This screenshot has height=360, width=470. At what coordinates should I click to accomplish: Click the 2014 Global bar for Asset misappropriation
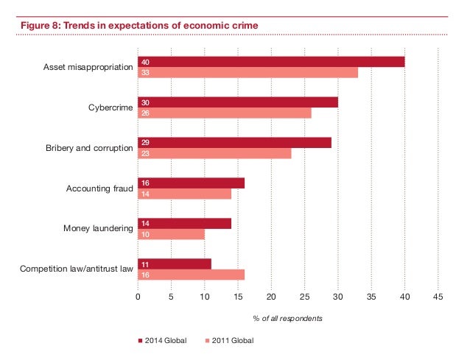tap(271, 62)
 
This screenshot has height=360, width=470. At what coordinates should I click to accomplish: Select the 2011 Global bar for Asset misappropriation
tap(248, 73)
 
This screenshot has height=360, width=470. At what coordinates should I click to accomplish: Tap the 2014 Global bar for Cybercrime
tap(238, 102)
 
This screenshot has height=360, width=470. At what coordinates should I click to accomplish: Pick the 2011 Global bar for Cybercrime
tap(225, 113)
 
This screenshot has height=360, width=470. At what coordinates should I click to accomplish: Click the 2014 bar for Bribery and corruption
tap(234, 143)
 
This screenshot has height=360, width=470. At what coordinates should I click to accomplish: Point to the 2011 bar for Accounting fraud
tap(184, 194)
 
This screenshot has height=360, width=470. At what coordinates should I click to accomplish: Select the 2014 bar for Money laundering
tap(184, 224)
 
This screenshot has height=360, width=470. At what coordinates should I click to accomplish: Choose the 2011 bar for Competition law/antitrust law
tap(191, 275)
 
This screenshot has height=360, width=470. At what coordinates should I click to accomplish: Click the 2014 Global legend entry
tap(162, 341)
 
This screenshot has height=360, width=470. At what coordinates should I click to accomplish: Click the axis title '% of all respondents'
tap(287, 318)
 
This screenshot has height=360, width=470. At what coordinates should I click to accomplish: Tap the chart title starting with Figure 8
tap(138, 27)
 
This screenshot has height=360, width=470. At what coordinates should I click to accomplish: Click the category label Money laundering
tap(97, 229)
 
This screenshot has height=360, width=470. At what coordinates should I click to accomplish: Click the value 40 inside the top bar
tap(146, 62)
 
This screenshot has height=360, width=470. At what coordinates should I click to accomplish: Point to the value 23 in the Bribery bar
tap(146, 154)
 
